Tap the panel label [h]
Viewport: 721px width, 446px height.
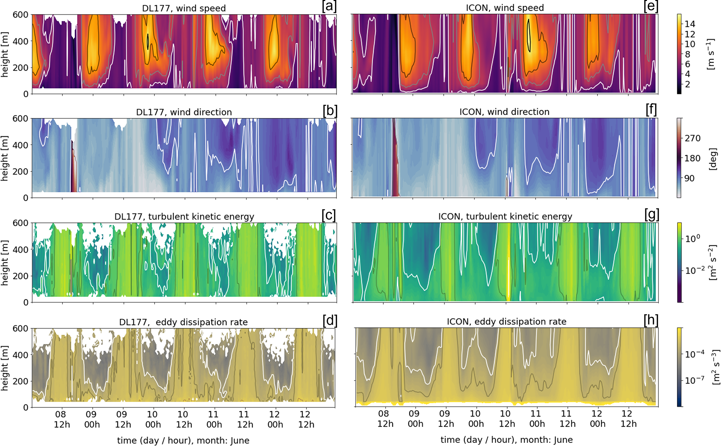[x=651, y=320]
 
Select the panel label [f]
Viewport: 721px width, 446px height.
[x=652, y=110]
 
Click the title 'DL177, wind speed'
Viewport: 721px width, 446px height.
[x=184, y=8]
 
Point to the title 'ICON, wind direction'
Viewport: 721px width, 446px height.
[x=504, y=112]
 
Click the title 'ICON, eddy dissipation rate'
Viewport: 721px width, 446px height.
[x=507, y=321]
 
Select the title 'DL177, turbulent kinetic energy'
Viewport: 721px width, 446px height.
[x=184, y=216]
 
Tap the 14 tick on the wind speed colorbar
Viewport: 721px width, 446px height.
[x=690, y=24]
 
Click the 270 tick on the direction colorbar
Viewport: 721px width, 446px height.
[x=692, y=138]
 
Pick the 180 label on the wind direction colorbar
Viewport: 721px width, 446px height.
[x=692, y=158]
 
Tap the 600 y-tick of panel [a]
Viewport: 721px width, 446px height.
[x=21, y=15]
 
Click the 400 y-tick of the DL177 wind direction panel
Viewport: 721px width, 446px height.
[x=21, y=145]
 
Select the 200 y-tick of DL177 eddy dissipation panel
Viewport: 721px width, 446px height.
[x=21, y=381]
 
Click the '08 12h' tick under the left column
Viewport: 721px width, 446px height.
[x=62, y=419]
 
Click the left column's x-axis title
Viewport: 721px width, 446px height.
[x=183, y=440]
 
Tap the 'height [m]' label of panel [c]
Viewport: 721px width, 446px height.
[x=5, y=262]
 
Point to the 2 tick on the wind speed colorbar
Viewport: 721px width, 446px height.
[x=687, y=84]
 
